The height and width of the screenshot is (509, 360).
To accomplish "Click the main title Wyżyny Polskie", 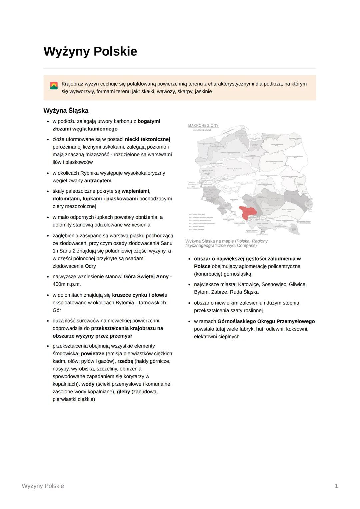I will pyautogui.click(x=90, y=52).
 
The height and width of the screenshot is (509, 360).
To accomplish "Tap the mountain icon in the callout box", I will pyautogui.click(x=54, y=85).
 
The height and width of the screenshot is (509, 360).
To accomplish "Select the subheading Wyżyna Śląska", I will pyautogui.click(x=66, y=110).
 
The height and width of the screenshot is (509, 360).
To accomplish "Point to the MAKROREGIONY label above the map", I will pyautogui.click(x=203, y=126).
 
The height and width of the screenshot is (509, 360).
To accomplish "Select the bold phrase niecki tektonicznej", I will pyautogui.click(x=147, y=139).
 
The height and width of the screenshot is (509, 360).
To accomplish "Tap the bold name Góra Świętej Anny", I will pyautogui.click(x=146, y=277).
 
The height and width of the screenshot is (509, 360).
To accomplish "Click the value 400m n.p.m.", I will pyautogui.click(x=67, y=284).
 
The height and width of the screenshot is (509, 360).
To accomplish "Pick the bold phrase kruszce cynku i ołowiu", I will pyautogui.click(x=140, y=295).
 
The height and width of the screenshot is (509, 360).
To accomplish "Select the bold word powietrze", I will pyautogui.click(x=92, y=354).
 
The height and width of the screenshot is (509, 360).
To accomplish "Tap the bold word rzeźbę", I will pyautogui.click(x=125, y=361).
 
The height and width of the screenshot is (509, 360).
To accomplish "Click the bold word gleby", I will pyautogui.click(x=123, y=392).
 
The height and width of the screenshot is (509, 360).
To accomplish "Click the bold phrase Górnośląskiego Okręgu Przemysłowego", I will pyautogui.click(x=266, y=321).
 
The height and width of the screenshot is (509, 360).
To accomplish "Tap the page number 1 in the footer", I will pyautogui.click(x=336, y=486).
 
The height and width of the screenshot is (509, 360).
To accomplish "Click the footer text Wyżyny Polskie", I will pyautogui.click(x=43, y=486).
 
